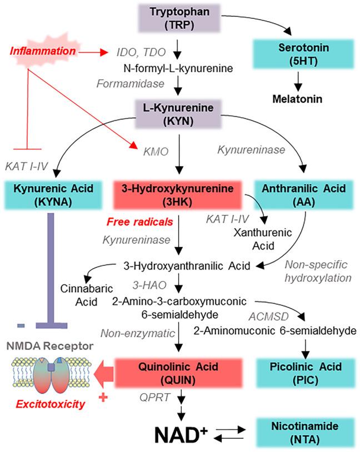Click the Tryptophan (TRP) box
(x=176, y=18)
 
